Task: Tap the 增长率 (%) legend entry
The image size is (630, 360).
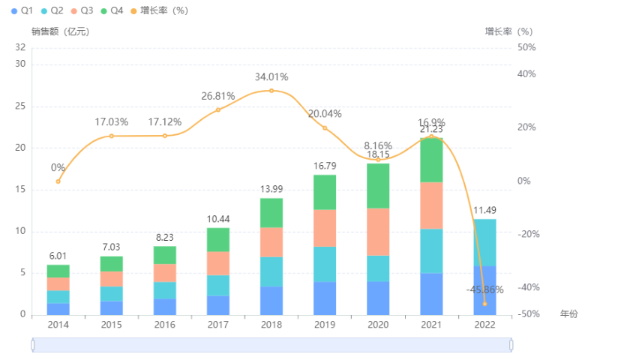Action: [159, 10]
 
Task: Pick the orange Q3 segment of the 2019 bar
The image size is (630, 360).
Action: [324, 228]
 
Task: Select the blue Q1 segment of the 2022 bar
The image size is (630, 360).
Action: [484, 290]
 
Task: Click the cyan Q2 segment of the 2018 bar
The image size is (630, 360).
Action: [271, 271]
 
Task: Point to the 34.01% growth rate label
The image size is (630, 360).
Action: [271, 76]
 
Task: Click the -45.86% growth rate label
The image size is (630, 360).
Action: [484, 289]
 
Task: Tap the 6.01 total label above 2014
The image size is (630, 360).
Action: [58, 255]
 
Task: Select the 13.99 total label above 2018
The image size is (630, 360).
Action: [271, 188]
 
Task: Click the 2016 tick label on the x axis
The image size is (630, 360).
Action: [164, 325]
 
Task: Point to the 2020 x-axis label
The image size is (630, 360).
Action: [377, 325]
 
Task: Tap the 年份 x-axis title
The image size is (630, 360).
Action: [569, 313]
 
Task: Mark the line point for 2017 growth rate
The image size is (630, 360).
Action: [217, 109]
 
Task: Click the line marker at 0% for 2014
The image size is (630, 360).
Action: [58, 181]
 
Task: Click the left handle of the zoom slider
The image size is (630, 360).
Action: [32, 344]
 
